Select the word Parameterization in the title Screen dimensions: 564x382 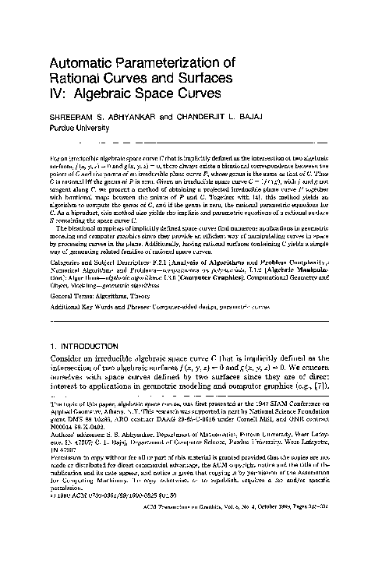179,64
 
